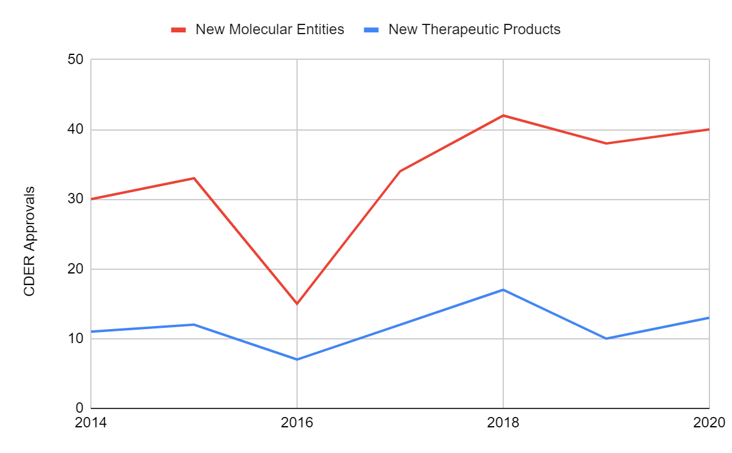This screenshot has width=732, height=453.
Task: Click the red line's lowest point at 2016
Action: (297, 303)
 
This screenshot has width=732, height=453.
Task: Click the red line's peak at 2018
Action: (503, 115)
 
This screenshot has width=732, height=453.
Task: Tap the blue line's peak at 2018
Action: (503, 289)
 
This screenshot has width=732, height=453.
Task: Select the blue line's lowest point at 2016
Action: (297, 359)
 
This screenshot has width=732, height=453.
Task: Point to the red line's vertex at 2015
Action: (194, 178)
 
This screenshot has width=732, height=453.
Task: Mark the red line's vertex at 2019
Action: (606, 143)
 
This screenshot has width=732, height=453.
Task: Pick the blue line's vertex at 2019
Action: (606, 338)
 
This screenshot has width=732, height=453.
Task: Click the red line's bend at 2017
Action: (400, 171)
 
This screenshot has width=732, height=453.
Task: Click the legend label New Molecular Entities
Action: (270, 29)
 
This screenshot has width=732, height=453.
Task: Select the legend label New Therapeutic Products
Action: (474, 29)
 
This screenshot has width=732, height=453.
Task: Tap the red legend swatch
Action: (178, 29)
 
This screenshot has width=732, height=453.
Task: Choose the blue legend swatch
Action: (371, 29)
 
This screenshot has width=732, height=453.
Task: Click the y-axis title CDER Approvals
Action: (29, 242)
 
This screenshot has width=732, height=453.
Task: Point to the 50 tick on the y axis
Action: (76, 60)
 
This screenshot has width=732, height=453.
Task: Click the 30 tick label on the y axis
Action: (76, 199)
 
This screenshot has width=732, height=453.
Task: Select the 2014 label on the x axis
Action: (90, 422)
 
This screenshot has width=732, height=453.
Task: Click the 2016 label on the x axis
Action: (297, 422)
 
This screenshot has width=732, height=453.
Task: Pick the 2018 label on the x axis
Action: (503, 422)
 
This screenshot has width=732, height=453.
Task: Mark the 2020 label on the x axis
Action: (709, 422)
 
